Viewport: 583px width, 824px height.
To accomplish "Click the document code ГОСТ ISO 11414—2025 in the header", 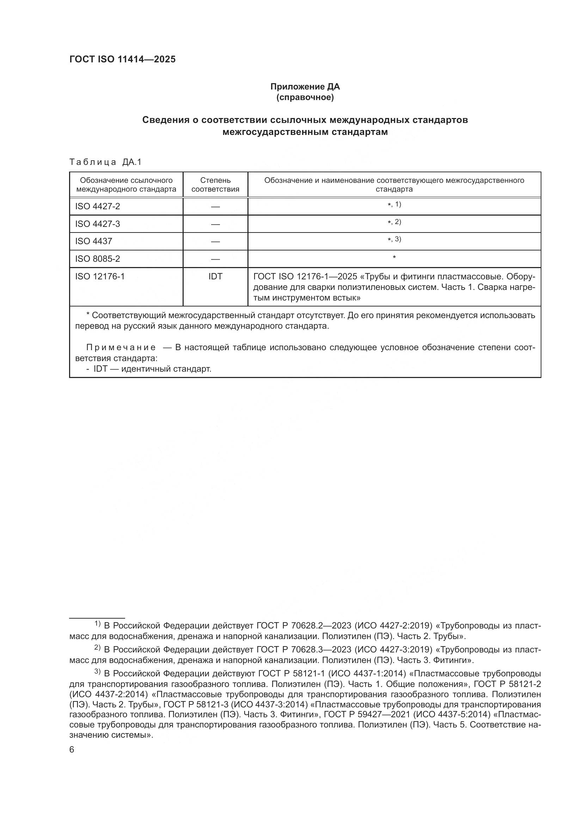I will [x=122, y=60].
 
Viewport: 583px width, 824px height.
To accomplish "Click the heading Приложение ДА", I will [x=305, y=87].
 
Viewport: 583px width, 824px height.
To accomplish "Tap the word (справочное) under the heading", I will [x=305, y=97].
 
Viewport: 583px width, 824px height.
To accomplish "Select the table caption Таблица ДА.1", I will [x=105, y=162].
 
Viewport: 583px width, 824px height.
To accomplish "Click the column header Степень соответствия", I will [x=215, y=185].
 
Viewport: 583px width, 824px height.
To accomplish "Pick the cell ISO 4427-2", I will [x=98, y=206].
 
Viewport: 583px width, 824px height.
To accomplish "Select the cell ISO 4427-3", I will [x=98, y=224].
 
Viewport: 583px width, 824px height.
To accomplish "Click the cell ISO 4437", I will [x=94, y=241].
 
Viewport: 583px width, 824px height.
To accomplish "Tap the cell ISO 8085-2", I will [x=98, y=259].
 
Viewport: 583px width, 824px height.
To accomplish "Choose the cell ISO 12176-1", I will [x=100, y=276].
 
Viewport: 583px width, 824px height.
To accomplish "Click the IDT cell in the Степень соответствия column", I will [x=215, y=276].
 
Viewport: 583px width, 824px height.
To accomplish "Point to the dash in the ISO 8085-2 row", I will [x=215, y=259].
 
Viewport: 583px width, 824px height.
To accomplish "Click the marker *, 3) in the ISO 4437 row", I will [x=394, y=239].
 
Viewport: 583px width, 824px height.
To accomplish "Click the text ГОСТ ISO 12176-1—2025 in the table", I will [x=305, y=276].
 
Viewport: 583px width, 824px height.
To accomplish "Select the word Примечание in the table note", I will [x=121, y=347].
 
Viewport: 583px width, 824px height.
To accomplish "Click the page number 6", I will [x=72, y=750].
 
